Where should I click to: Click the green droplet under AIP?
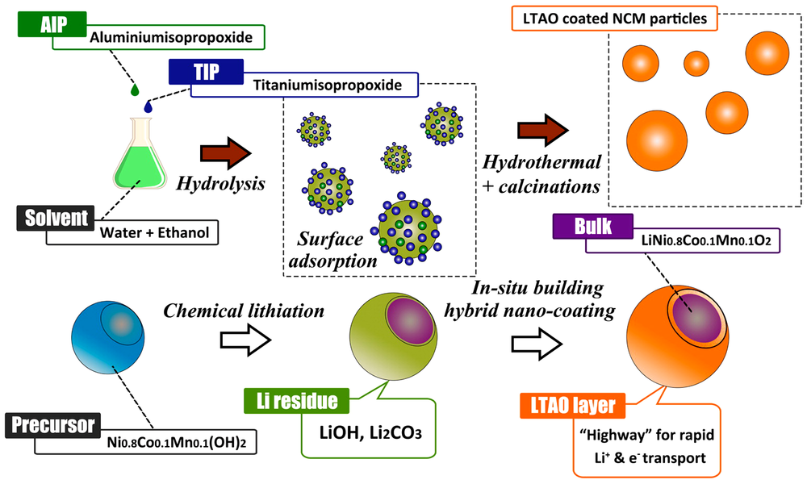pyautogui.click(x=134, y=85)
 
